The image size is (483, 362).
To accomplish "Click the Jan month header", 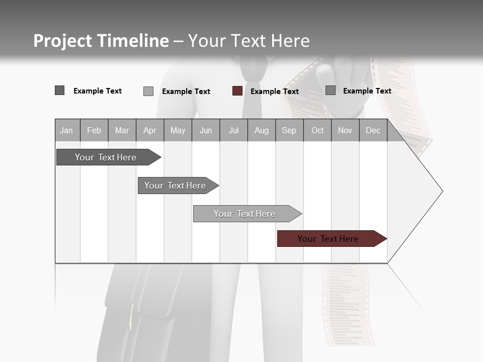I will click(67, 130).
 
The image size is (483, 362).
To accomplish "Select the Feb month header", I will click(94, 130).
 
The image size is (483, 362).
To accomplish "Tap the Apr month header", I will click(150, 130).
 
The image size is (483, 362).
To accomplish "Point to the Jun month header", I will click(206, 130).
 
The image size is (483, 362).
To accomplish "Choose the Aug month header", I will click(262, 130).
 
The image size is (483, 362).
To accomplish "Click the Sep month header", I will click(289, 130).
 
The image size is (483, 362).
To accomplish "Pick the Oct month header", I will click(317, 130).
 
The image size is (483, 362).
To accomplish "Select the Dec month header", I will click(373, 130).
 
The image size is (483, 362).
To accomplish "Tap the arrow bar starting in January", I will click(106, 157).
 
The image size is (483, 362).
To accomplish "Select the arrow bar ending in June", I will click(175, 186).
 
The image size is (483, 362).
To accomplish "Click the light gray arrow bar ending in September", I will click(245, 214).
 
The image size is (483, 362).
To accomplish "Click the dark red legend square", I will click(237, 91).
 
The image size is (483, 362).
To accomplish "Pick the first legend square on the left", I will click(59, 90).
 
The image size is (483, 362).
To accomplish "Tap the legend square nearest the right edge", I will click(331, 90).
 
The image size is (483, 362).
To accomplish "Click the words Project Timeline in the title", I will click(101, 41).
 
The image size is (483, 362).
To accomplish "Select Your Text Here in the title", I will click(249, 41).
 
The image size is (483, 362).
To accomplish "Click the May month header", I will click(178, 130).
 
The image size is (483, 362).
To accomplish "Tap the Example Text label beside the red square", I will click(275, 92).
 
